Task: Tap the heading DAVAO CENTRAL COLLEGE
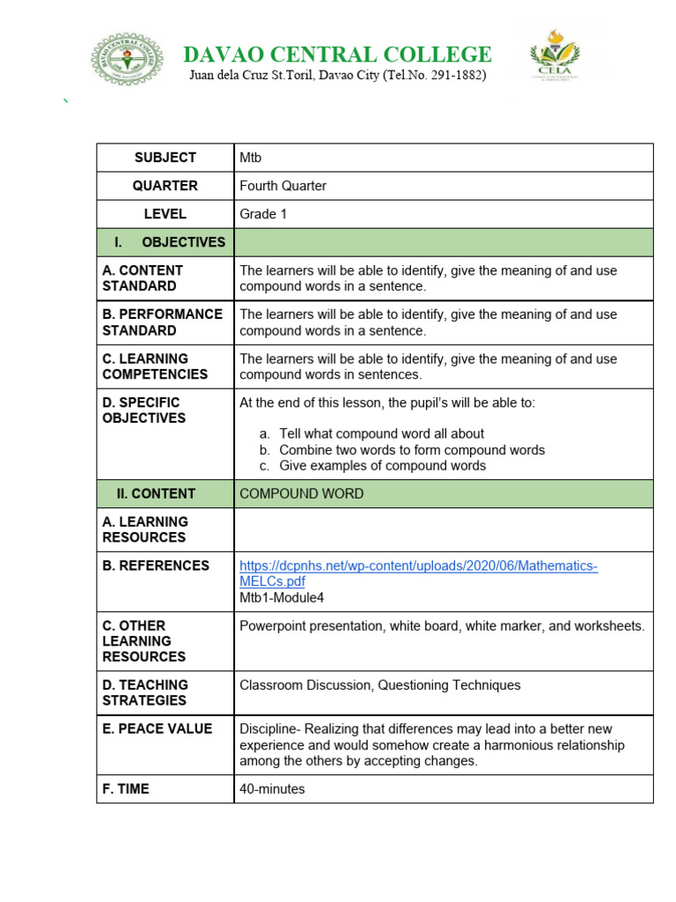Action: [x=337, y=55]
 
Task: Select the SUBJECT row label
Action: [x=165, y=158]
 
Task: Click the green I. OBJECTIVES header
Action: [x=165, y=242]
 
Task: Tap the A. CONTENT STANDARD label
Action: [x=143, y=278]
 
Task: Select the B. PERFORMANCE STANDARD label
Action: [x=162, y=322]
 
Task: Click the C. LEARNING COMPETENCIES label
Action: [x=155, y=366]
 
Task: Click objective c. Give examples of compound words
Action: [x=382, y=466]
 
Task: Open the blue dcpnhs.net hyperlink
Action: [x=418, y=566]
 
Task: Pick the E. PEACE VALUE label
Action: [x=157, y=729]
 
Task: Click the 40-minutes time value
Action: [x=272, y=789]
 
